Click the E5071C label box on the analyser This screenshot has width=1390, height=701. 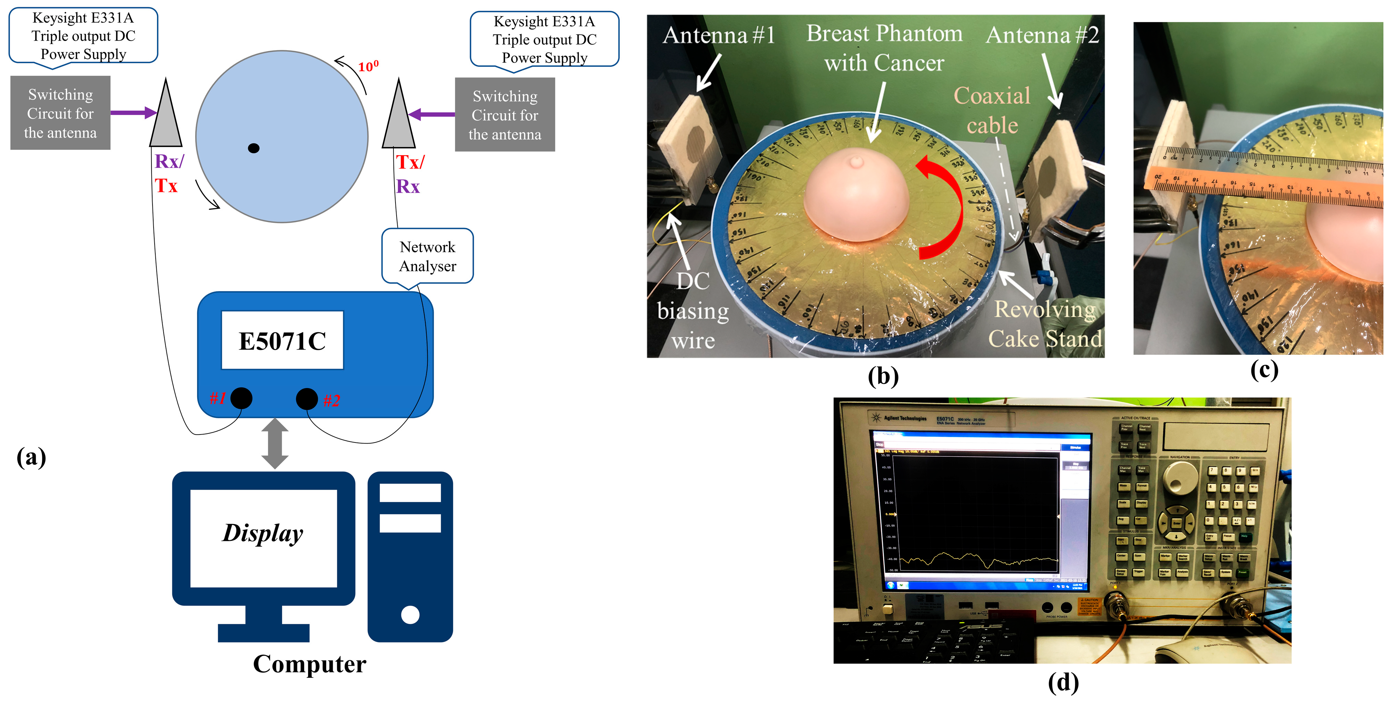point(282,340)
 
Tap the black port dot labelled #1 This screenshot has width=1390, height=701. point(241,398)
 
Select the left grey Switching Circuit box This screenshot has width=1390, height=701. point(60,113)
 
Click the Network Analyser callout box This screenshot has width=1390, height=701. point(427,256)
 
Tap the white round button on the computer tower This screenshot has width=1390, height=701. point(410,614)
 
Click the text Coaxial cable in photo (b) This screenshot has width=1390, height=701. point(992,111)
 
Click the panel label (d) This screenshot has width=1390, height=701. point(1063,682)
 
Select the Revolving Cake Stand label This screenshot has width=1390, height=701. point(1045,324)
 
